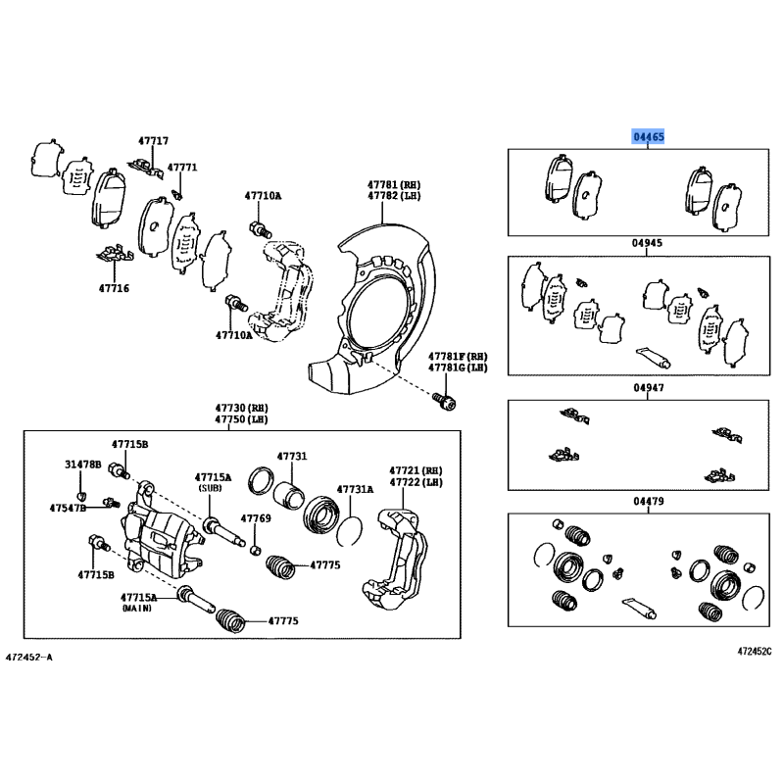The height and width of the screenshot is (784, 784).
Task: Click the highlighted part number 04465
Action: pyautogui.click(x=649, y=136)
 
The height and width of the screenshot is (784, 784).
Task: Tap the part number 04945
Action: pyautogui.click(x=647, y=243)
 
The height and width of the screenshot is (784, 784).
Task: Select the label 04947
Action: pyautogui.click(x=649, y=387)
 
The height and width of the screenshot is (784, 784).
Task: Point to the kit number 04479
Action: pyautogui.click(x=649, y=501)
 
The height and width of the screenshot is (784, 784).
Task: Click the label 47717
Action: pyautogui.click(x=154, y=141)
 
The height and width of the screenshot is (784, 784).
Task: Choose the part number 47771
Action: pyautogui.click(x=182, y=167)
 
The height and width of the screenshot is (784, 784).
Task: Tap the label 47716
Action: pyautogui.click(x=114, y=288)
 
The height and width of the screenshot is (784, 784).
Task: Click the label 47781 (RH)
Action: pyautogui.click(x=394, y=184)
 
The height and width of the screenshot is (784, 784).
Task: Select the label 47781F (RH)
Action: pyautogui.click(x=458, y=357)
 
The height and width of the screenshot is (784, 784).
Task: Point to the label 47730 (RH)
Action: pyautogui.click(x=241, y=408)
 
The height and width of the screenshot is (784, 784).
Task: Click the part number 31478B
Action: pyautogui.click(x=82, y=465)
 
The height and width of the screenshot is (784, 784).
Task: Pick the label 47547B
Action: pyautogui.click(x=68, y=508)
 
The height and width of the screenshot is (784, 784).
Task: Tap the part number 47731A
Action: pyautogui.click(x=355, y=489)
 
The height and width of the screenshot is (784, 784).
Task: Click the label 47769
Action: pyautogui.click(x=256, y=518)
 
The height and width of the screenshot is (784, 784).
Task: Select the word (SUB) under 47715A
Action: pyautogui.click(x=211, y=488)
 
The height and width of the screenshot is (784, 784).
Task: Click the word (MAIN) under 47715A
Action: pyautogui.click(x=137, y=608)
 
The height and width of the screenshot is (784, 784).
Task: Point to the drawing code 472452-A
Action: pyautogui.click(x=29, y=657)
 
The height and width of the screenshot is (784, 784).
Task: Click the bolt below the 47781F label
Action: pyautogui.click(x=445, y=401)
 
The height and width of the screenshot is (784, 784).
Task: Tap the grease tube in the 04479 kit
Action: pyautogui.click(x=640, y=609)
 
